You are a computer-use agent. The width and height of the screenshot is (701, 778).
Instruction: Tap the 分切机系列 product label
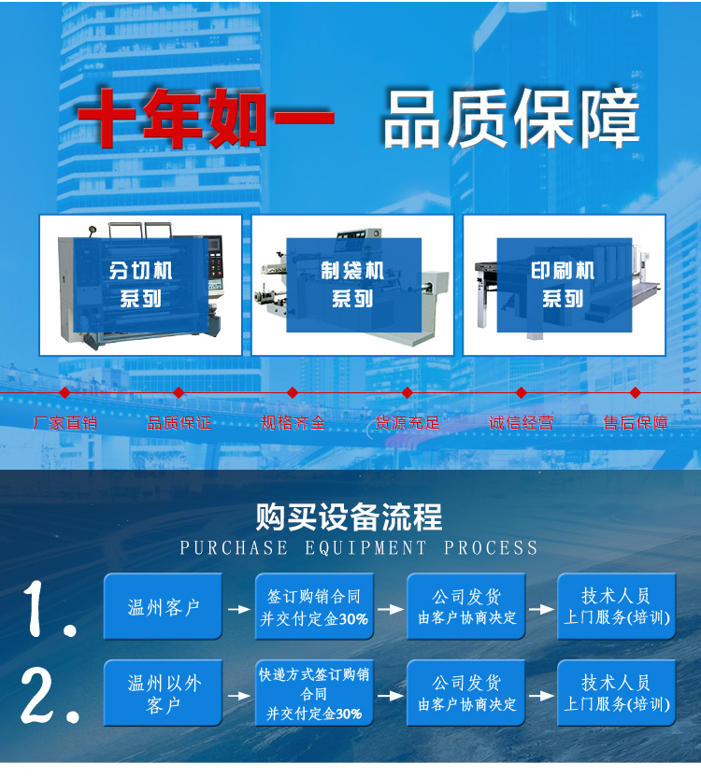pyautogui.click(x=140, y=285)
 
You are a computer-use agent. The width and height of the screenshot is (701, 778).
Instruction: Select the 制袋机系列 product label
pyautogui.click(x=353, y=285)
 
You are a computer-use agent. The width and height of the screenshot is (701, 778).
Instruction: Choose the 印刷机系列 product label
pyautogui.click(x=564, y=285)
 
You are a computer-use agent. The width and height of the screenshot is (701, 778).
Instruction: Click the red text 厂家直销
pyautogui.click(x=65, y=423)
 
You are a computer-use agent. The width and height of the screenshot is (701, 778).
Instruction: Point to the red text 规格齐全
pyautogui.click(x=293, y=423)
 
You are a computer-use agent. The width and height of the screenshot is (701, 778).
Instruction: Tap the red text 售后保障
pyautogui.click(x=636, y=423)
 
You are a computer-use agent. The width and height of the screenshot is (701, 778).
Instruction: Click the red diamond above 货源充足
pyautogui.click(x=408, y=393)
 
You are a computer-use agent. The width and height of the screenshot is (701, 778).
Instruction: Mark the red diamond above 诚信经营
pyautogui.click(x=521, y=393)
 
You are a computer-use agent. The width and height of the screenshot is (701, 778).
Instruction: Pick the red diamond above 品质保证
pyautogui.click(x=179, y=393)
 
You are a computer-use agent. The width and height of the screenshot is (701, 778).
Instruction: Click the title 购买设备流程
pyautogui.click(x=349, y=516)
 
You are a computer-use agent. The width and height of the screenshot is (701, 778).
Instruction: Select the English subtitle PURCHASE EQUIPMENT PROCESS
pyautogui.click(x=358, y=547)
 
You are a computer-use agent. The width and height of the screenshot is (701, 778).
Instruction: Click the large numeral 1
pyautogui.click(x=50, y=609)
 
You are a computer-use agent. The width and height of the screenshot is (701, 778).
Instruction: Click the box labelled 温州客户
pyautogui.click(x=163, y=606)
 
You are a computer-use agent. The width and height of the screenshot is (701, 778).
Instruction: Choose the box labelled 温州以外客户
pyautogui.click(x=163, y=693)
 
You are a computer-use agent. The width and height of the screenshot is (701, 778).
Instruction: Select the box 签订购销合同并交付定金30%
pyautogui.click(x=314, y=606)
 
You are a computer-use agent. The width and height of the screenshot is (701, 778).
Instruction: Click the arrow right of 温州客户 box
pyautogui.click(x=238, y=609)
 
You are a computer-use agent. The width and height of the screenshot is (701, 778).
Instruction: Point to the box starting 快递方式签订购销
pyautogui.click(x=314, y=693)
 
